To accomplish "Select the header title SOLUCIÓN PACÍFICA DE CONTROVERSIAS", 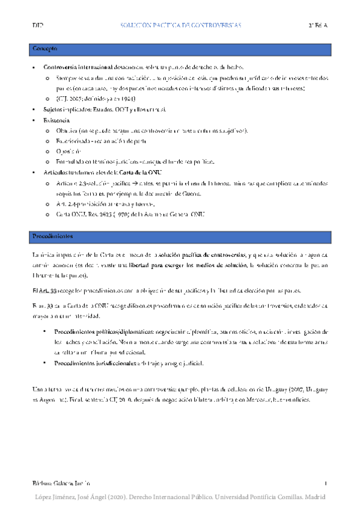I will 181,26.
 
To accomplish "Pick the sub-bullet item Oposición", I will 66,151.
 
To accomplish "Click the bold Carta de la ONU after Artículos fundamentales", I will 132,172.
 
